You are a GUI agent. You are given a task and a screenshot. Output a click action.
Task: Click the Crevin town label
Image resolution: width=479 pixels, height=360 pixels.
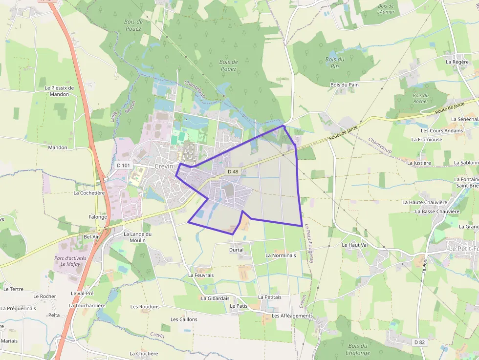click(x=164, y=166)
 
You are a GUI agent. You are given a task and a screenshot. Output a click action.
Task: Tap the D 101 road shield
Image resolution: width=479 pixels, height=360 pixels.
click(x=124, y=165)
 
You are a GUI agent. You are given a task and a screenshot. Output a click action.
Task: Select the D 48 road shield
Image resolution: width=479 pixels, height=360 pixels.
click(x=233, y=171)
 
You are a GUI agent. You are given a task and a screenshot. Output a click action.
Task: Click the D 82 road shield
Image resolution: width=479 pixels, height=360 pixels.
click(x=419, y=342)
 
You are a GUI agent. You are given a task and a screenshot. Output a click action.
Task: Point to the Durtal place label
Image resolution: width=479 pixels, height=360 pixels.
click(x=236, y=250)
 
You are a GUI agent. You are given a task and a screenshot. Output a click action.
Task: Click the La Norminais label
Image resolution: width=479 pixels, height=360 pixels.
click(x=281, y=255)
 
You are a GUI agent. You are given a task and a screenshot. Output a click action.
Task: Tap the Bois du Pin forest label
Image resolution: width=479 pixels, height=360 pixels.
click(x=335, y=63)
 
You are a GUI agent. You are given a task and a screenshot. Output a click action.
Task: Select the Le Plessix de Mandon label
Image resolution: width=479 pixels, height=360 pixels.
click(x=59, y=91)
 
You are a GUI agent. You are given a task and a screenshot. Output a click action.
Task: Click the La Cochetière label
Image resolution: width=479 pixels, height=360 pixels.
click(x=89, y=192)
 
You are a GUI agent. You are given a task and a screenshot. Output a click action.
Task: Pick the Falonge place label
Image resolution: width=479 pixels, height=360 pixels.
click(x=98, y=217)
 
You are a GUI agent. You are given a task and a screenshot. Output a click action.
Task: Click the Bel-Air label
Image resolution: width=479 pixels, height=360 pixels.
click(x=91, y=236)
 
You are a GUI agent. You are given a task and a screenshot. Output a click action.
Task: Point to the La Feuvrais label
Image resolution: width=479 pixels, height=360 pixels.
click(x=201, y=275)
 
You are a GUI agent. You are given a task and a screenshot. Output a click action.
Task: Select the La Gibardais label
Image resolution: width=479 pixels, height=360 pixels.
click(x=215, y=298)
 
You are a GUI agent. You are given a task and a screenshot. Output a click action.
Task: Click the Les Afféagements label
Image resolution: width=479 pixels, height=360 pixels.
click(x=292, y=316)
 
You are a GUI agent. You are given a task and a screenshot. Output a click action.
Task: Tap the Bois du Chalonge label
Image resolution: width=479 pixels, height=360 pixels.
click(x=358, y=349)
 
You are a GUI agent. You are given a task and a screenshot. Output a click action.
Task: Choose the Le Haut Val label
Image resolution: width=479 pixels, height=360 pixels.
click(x=354, y=245)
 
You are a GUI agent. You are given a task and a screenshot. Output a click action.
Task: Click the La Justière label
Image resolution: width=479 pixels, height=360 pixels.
click(x=419, y=163)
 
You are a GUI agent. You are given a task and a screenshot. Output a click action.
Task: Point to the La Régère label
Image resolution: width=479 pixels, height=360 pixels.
click(x=457, y=62)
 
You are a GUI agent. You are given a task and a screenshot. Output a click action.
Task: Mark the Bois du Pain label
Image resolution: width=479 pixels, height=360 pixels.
click(x=345, y=85)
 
